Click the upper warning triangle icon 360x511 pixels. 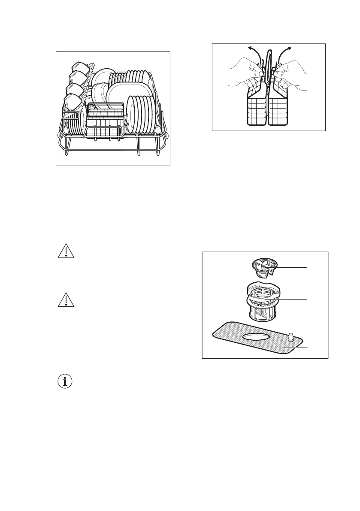[x=66, y=252]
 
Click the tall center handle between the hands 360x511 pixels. [x=269, y=69]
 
